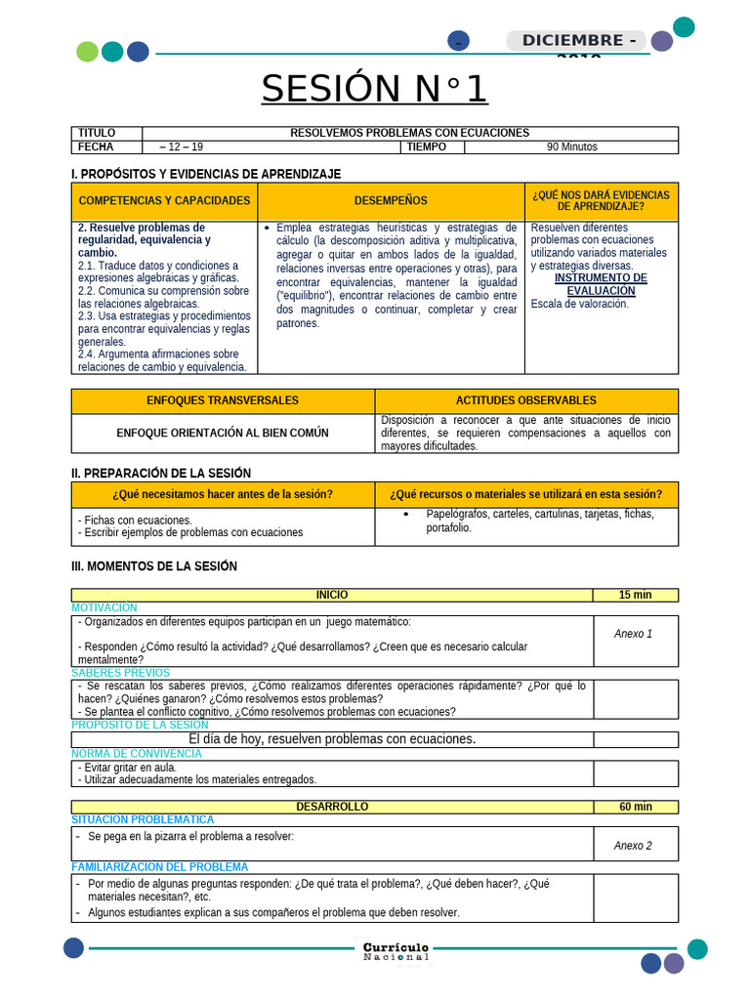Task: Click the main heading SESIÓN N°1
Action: pyautogui.click(x=374, y=89)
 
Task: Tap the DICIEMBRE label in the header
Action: pyautogui.click(x=575, y=40)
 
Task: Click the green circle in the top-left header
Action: pyautogui.click(x=87, y=52)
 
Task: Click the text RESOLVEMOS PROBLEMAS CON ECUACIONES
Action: pyautogui.click(x=409, y=133)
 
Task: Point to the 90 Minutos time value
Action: pyautogui.click(x=571, y=147)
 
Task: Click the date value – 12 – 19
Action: pyautogui.click(x=182, y=147)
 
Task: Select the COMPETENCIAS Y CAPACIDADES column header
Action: pyautogui.click(x=164, y=200)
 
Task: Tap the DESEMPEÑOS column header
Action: pyautogui.click(x=391, y=200)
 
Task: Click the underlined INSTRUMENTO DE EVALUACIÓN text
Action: pyautogui.click(x=601, y=284)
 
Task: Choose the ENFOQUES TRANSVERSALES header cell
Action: pyautogui.click(x=223, y=400)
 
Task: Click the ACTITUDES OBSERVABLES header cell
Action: pyautogui.click(x=525, y=400)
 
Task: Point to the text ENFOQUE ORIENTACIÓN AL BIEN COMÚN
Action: pyautogui.click(x=223, y=433)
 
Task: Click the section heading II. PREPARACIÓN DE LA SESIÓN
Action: pyautogui.click(x=161, y=473)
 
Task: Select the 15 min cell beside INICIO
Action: pyautogui.click(x=635, y=595)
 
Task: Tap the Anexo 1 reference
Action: pyautogui.click(x=633, y=634)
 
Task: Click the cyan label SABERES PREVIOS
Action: pyautogui.click(x=120, y=673)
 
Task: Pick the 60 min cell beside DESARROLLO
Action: pyautogui.click(x=635, y=807)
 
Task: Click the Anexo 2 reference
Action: pyautogui.click(x=633, y=846)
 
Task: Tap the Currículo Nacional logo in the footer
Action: pyautogui.click(x=396, y=951)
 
